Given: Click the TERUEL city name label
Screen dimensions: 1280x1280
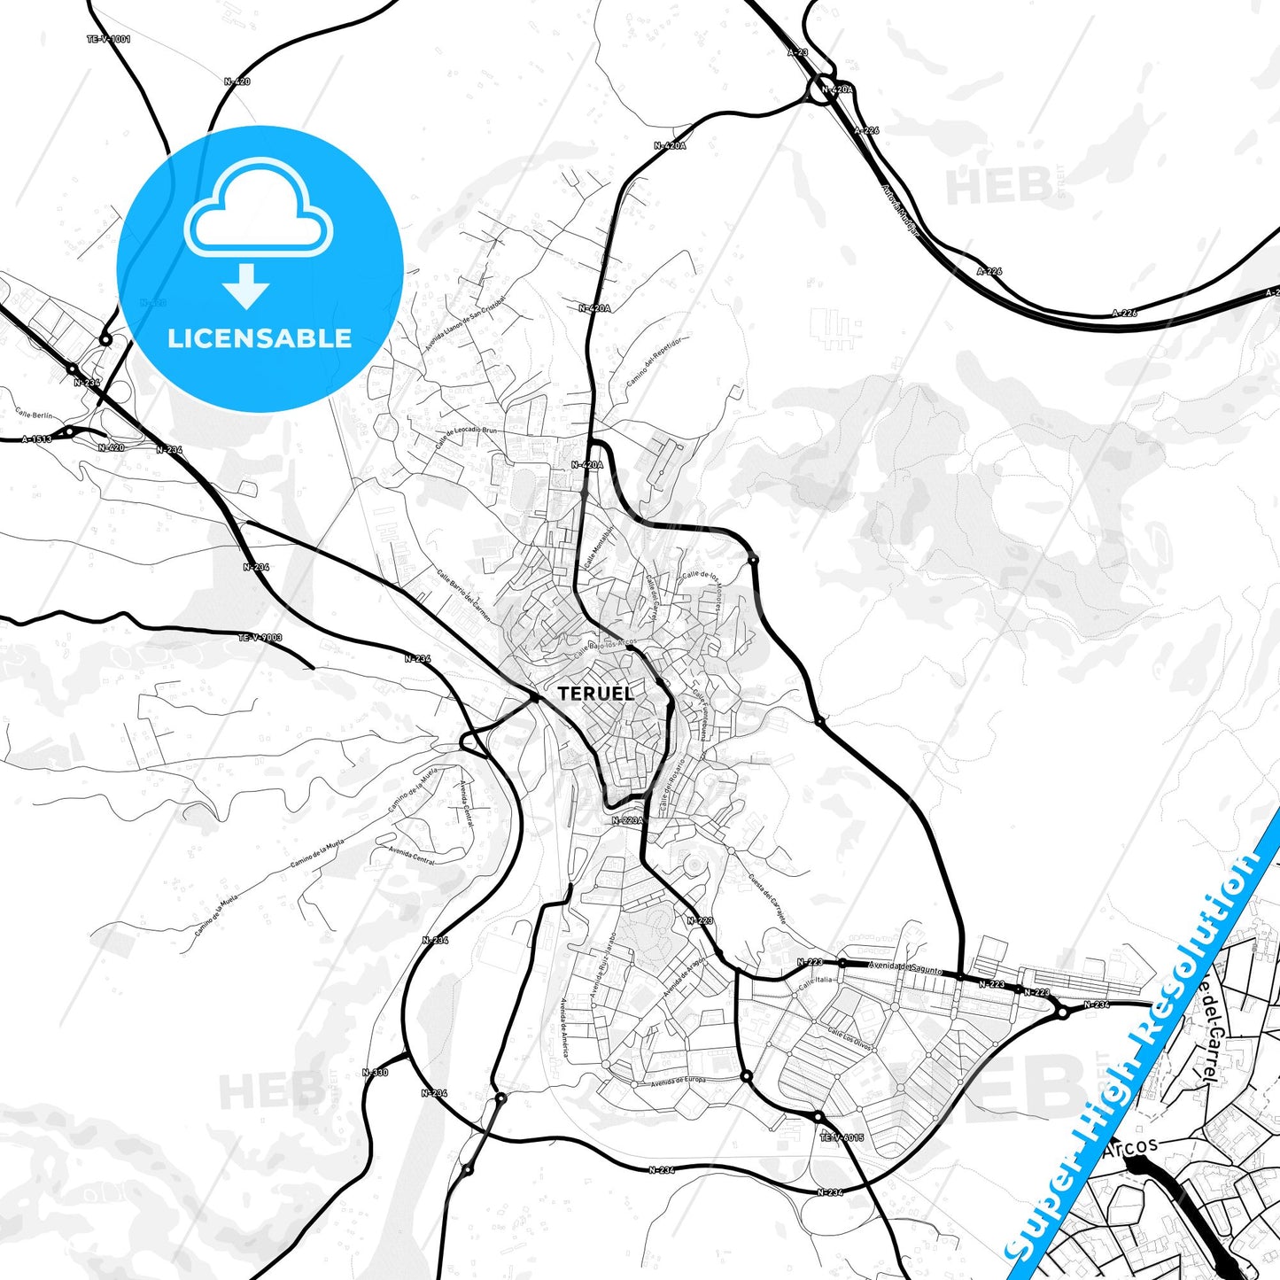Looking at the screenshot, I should coord(596,693).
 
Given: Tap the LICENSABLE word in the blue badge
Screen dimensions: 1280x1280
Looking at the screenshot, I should coord(260,337).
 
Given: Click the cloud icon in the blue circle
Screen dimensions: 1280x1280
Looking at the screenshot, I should coord(258,208).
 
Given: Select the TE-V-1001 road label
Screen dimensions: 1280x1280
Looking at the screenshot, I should coord(109,39).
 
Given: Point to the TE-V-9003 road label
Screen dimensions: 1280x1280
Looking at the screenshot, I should coord(260,637).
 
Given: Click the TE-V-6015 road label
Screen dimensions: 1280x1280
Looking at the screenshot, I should coord(842,1137).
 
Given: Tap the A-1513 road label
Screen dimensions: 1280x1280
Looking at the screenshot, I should coord(37,438).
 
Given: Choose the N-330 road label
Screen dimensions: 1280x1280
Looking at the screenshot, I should coord(375,1072).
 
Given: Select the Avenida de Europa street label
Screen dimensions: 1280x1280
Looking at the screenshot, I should coord(678,1081).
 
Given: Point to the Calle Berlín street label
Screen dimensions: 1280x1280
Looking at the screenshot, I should coord(35,414).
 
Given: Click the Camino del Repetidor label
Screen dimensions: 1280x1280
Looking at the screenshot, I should coord(655,361).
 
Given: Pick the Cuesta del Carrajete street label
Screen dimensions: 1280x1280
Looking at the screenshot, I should coord(767,898).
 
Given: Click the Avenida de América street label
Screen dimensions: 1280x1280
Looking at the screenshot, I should coord(563,1028).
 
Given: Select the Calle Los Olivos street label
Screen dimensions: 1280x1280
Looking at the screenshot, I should coord(850,1039).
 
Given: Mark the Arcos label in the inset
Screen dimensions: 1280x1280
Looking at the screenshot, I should coord(1129,1148).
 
